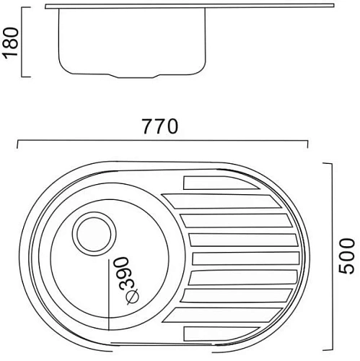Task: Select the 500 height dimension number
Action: pyautogui.click(x=347, y=256)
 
